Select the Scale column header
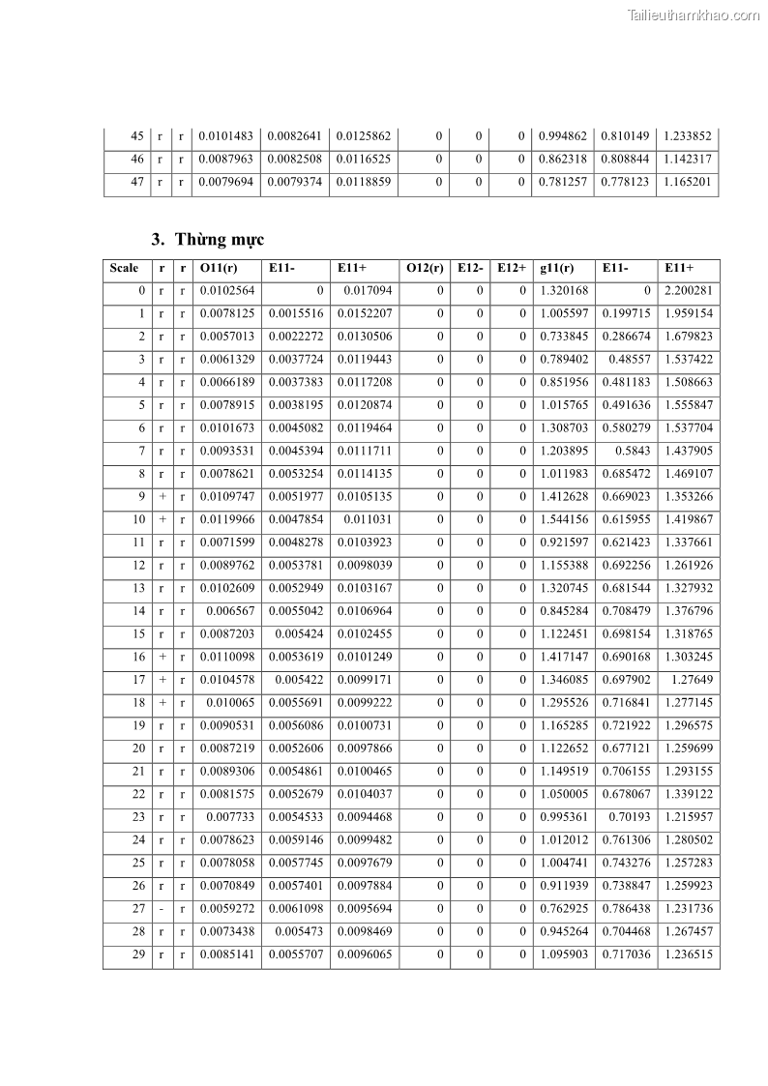click(124, 268)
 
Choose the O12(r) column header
click(425, 268)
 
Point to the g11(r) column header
click(559, 268)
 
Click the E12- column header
click(470, 268)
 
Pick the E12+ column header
click(512, 268)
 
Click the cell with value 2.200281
click(688, 290)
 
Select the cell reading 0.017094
click(369, 290)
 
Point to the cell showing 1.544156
click(563, 519)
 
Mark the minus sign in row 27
click(162, 909)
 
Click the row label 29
click(138, 954)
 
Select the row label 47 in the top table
click(136, 182)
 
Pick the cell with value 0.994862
click(563, 136)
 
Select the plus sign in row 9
click(162, 496)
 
